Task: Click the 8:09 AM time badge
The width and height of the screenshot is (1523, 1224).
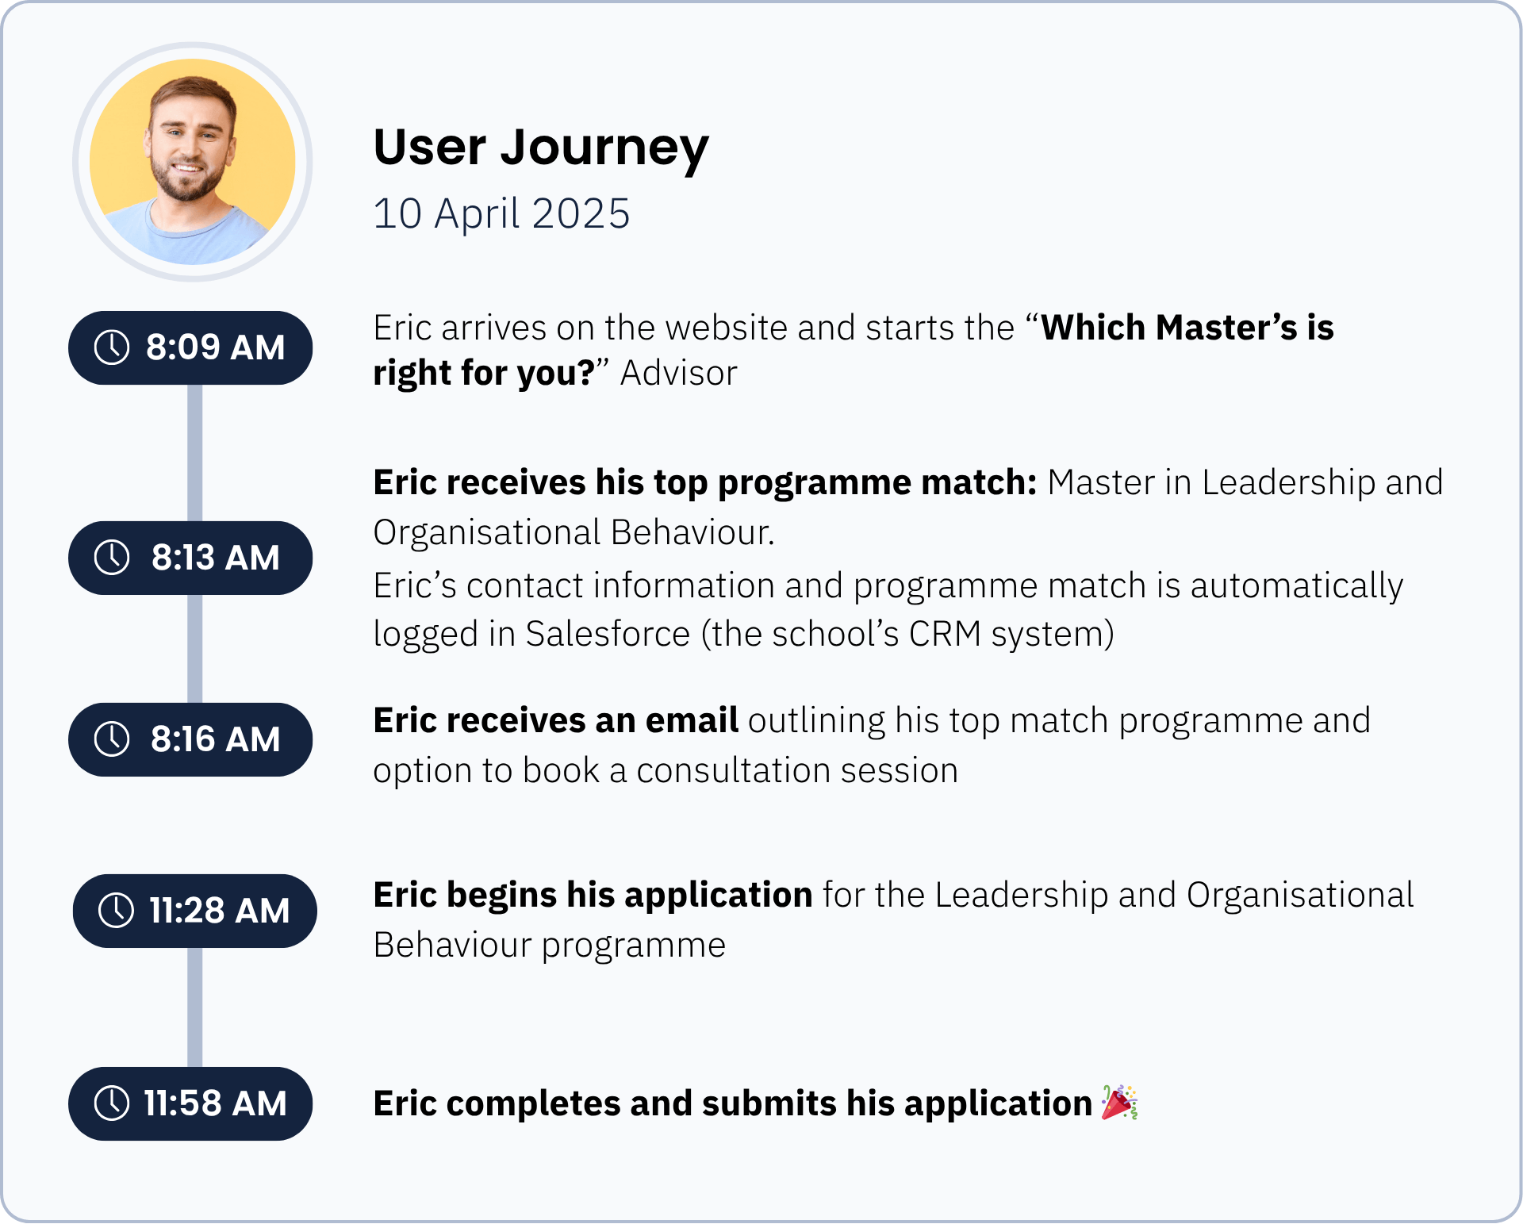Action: point(190,347)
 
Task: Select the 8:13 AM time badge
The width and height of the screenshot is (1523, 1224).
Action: point(190,558)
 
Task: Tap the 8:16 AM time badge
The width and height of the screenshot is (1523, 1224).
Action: point(190,739)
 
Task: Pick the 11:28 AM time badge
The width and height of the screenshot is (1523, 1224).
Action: point(195,911)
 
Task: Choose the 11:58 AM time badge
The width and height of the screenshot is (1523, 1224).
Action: point(190,1103)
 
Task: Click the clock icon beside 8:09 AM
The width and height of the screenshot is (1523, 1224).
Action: point(112,347)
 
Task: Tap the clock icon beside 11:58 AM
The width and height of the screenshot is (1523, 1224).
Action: point(112,1103)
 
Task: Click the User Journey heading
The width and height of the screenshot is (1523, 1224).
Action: point(541,149)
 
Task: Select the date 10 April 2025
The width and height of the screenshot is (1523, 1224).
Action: point(501,214)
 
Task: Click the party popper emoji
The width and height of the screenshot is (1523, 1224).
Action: point(1119,1102)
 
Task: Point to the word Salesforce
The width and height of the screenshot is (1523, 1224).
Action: point(608,635)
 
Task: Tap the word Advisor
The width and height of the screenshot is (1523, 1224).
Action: point(679,374)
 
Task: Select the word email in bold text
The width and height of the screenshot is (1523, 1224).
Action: point(692,720)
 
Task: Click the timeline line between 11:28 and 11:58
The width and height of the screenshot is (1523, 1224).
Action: point(194,1007)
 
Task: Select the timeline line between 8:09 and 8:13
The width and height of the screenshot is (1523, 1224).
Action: point(194,453)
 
